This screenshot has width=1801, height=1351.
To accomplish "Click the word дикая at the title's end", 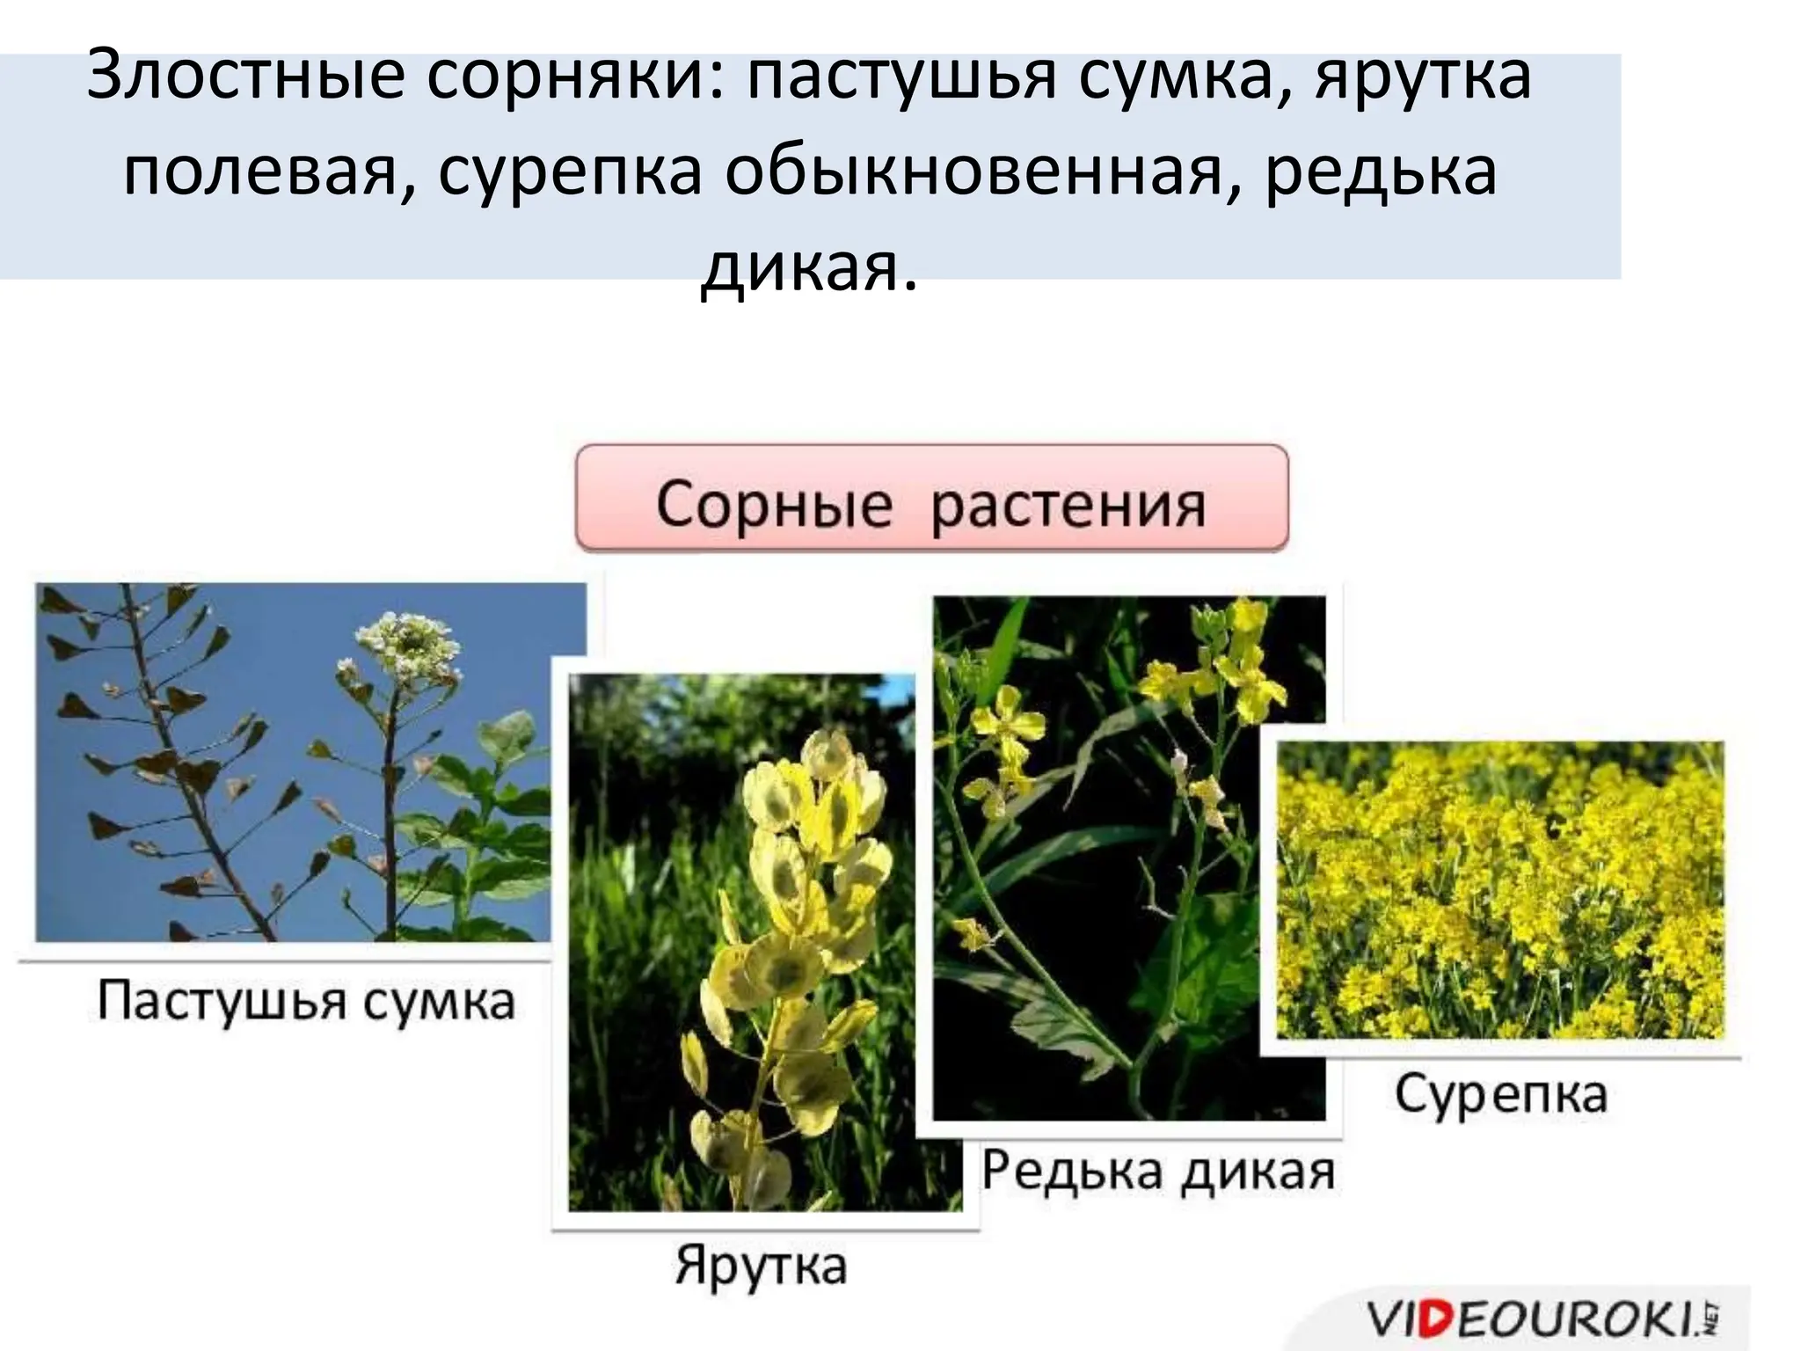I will coord(808,267).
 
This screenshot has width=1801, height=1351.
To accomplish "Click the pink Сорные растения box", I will coord(931,499).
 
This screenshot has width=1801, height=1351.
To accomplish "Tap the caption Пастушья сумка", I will coord(305,1002).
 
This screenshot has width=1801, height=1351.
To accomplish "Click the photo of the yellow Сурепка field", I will coord(1500,888).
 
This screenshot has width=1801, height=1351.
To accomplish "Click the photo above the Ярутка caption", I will coord(743,941).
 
